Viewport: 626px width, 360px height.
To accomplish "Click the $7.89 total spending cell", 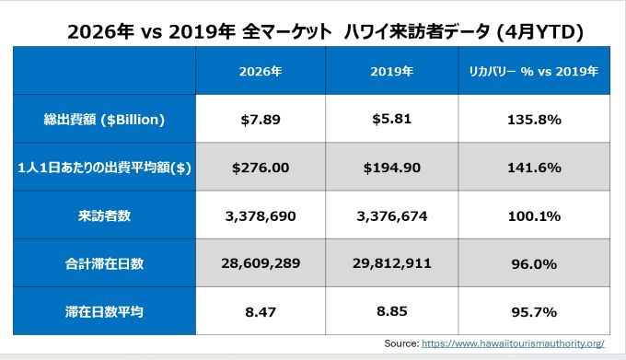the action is click(x=261, y=120).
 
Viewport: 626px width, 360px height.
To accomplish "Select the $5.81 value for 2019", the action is click(x=391, y=119).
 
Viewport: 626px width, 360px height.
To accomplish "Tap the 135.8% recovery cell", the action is click(x=534, y=120).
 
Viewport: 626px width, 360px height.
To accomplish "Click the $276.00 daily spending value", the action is click(x=261, y=168).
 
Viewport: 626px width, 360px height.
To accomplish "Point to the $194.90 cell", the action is click(x=391, y=168).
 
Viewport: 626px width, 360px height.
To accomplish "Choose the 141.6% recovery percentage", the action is click(x=534, y=168).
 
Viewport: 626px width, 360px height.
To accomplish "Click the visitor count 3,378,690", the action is click(x=261, y=216).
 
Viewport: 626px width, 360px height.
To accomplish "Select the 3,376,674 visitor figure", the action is click(x=391, y=216).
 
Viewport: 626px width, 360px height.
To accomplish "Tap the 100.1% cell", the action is click(x=534, y=216).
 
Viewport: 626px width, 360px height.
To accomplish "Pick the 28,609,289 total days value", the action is click(x=261, y=263).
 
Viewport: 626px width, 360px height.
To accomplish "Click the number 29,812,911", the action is click(x=391, y=263).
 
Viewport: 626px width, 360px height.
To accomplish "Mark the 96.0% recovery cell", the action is click(x=534, y=264).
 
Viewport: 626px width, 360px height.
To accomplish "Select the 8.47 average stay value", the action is click(x=261, y=312).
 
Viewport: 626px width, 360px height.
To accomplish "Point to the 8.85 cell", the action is click(x=391, y=311).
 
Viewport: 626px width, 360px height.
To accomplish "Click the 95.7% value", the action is click(x=534, y=312).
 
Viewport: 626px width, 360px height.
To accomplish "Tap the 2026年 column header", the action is click(x=261, y=71).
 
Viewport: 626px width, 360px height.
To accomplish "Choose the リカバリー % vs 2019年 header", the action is click(x=534, y=71).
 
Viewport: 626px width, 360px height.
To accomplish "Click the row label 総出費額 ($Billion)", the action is click(x=104, y=120).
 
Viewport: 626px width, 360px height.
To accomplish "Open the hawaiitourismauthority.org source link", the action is click(x=513, y=343).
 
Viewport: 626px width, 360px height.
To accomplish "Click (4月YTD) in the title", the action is click(x=539, y=32).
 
